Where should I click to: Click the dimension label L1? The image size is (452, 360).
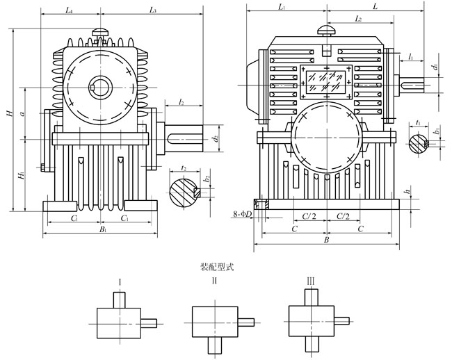click(281, 6)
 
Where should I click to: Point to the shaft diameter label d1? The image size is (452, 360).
click(434, 67)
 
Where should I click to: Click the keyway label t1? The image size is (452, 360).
click(417, 122)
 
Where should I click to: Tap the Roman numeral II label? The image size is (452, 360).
click(214, 281)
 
